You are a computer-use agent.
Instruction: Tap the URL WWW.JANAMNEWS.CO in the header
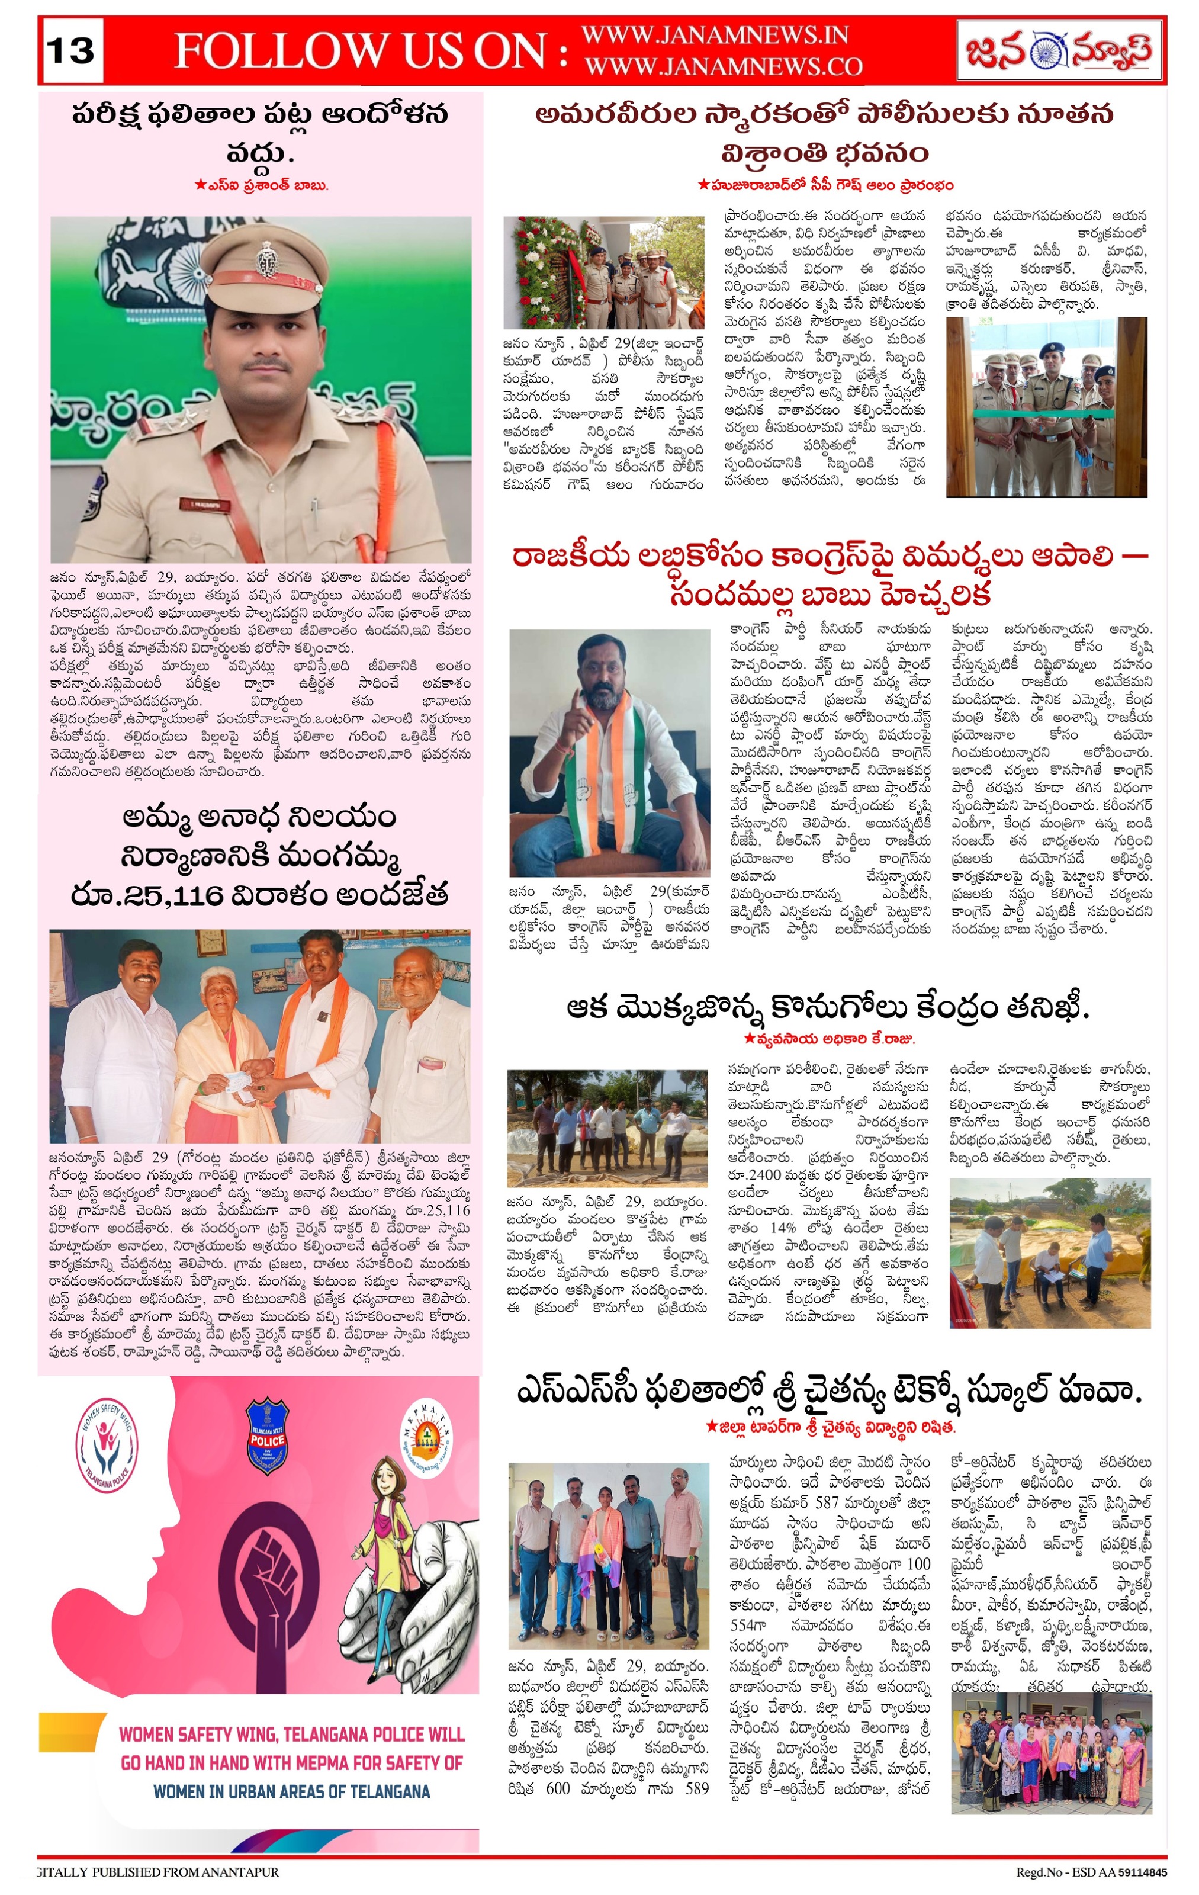(x=723, y=67)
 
